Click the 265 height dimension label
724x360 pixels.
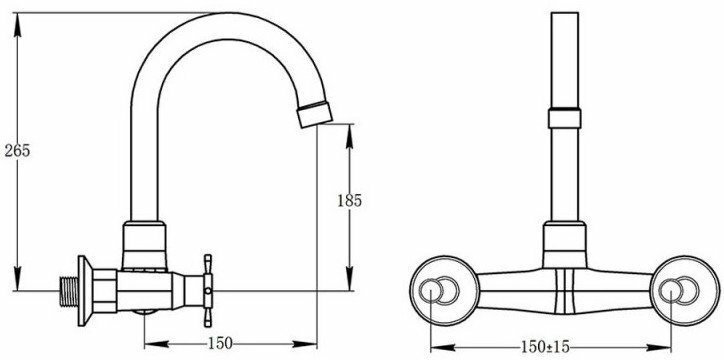click(17, 150)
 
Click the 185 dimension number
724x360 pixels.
click(350, 201)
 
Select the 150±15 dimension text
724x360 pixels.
click(545, 346)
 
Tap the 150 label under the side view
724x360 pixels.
click(220, 343)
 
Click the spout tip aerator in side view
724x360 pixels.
click(314, 114)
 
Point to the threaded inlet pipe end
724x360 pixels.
click(69, 292)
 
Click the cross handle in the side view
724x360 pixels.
click(208, 291)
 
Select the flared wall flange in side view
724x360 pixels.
click(85, 291)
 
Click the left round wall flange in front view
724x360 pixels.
click(444, 291)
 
